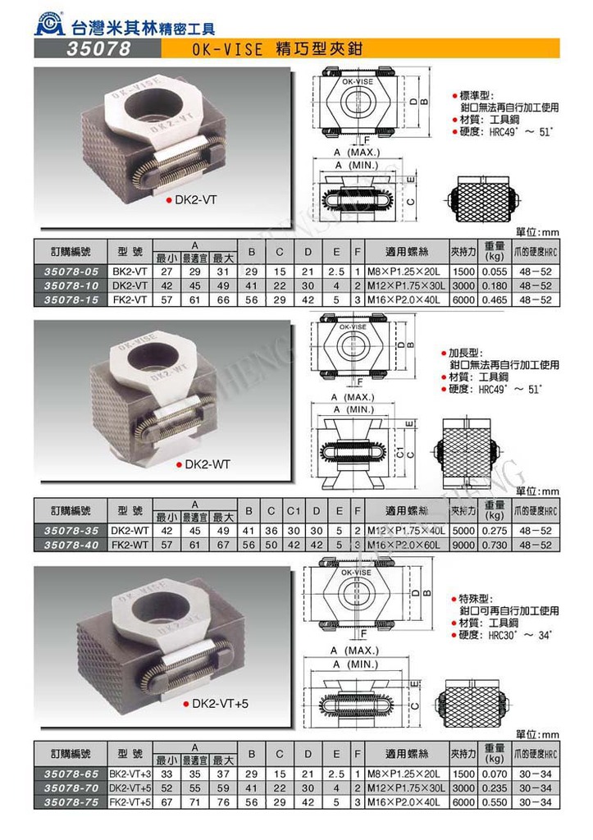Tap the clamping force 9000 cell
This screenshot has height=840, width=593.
click(463, 544)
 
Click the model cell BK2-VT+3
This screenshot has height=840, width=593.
click(130, 773)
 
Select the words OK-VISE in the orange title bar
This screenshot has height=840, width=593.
click(230, 50)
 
